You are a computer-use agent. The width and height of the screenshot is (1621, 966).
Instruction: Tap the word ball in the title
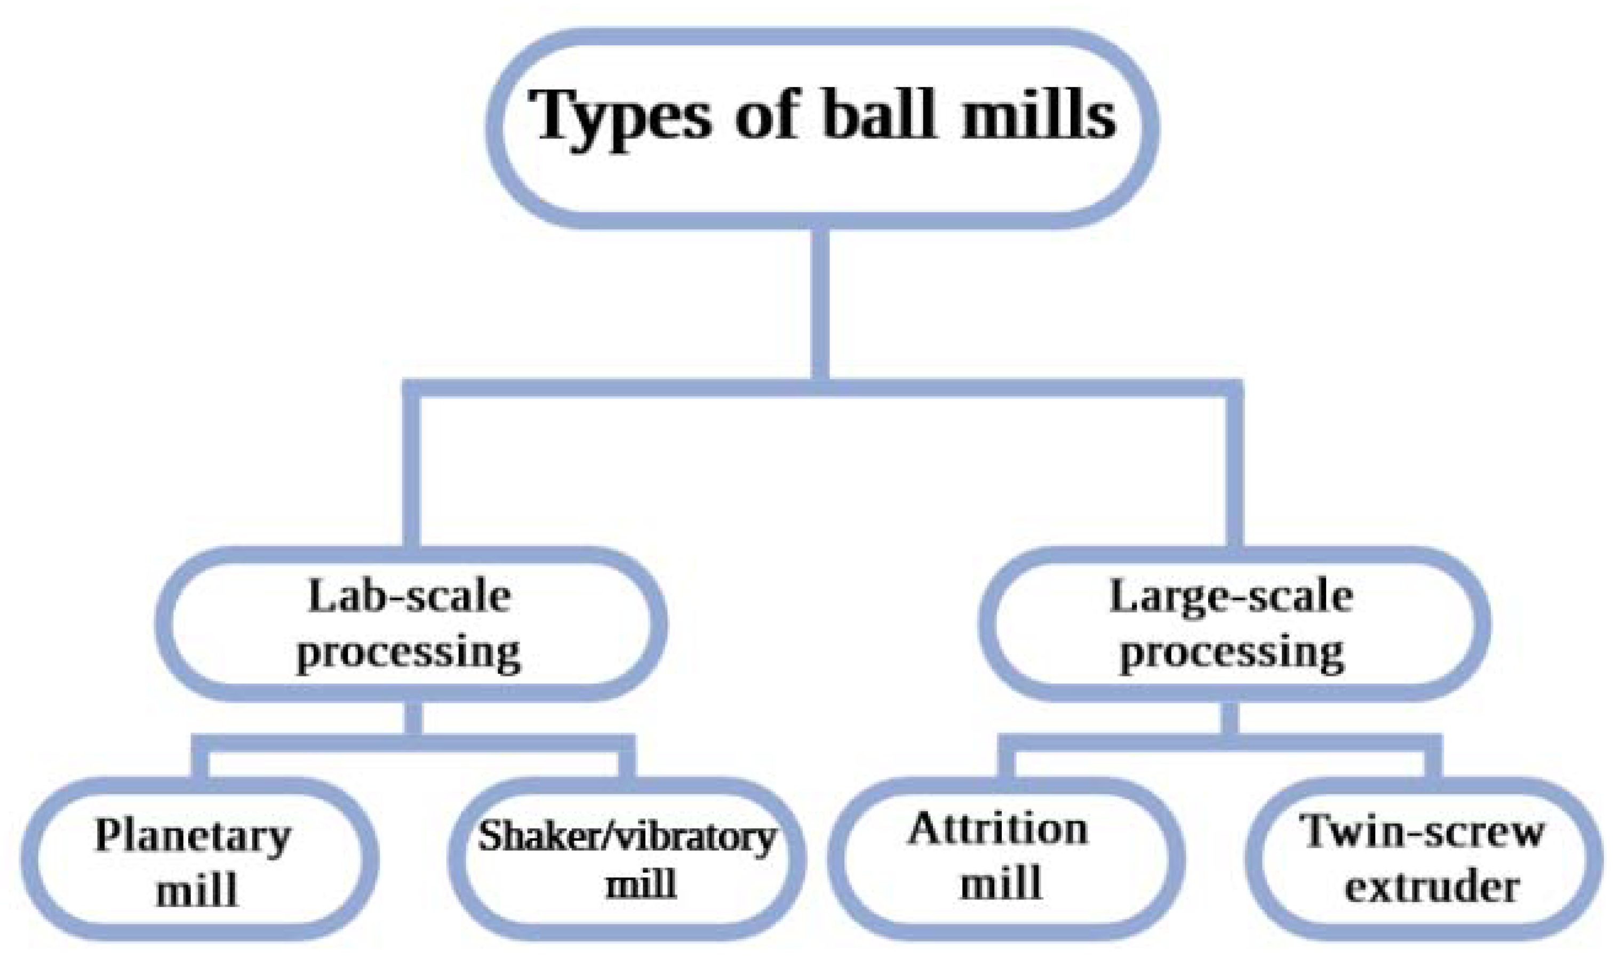(x=879, y=115)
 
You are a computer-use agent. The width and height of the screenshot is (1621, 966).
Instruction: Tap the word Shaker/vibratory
(x=627, y=836)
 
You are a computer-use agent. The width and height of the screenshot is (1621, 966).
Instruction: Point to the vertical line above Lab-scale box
(x=411, y=469)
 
